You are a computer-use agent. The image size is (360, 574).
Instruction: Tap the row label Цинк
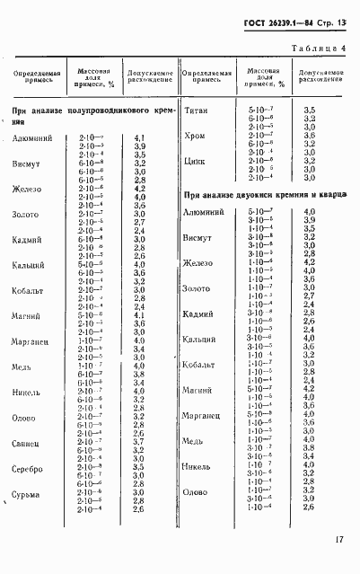[196, 161]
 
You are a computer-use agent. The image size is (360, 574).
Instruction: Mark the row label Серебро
[29, 468]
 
